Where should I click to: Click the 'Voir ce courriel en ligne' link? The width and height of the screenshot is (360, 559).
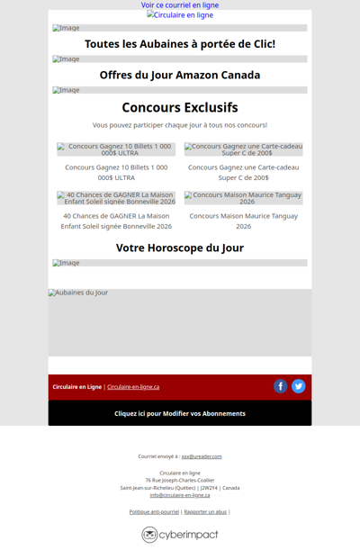tap(180, 5)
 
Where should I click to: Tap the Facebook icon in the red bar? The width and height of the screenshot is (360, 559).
tap(281, 386)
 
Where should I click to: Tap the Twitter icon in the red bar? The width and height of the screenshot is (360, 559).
tap(299, 386)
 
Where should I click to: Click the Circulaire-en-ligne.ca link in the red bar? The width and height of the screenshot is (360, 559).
tap(133, 387)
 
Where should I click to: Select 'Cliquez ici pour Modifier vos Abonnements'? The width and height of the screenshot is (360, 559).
tap(180, 413)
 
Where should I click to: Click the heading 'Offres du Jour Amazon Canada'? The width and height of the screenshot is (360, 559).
tap(180, 76)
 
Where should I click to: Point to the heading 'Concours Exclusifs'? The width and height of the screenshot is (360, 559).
tap(180, 108)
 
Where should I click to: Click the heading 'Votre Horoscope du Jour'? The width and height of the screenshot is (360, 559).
tap(180, 248)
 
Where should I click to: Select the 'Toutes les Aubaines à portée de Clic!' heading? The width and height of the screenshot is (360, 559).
tap(180, 44)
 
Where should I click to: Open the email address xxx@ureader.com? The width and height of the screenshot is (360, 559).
tap(202, 456)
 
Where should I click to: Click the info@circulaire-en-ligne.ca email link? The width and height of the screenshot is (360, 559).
tap(180, 495)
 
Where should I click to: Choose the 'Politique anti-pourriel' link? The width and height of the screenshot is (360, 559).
tap(154, 511)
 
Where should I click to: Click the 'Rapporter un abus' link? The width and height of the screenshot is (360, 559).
tap(205, 511)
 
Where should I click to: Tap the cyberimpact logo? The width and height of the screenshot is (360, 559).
tap(180, 535)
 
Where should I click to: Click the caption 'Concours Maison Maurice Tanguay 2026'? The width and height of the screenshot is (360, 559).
tap(243, 221)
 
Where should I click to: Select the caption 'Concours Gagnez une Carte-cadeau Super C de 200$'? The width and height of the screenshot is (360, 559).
tap(243, 172)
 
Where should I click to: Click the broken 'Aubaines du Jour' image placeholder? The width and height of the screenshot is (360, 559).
tap(180, 322)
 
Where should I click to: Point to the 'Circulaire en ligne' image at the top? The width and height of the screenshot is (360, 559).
tap(180, 15)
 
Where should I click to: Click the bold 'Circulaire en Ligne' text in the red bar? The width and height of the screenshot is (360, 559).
tap(76, 387)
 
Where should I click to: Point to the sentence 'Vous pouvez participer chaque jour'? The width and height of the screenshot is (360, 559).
tap(180, 125)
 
